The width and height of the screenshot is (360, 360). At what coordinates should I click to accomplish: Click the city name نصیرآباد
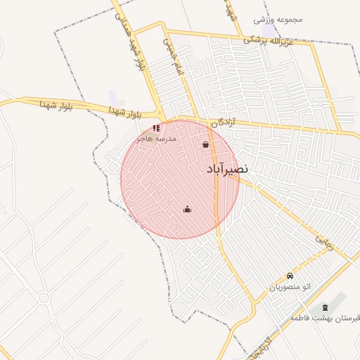229,170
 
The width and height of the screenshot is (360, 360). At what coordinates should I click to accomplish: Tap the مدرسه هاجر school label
158,139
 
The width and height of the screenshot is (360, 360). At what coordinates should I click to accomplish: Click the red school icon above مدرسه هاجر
156,128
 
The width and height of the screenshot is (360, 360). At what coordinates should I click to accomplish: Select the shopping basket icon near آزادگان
205,145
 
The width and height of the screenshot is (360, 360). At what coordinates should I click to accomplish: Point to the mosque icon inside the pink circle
187,209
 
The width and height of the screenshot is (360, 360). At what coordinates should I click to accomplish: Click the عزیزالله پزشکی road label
276,41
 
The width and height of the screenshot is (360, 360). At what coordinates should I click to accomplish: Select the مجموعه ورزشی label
281,19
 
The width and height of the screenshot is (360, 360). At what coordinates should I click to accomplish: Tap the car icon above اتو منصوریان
290,276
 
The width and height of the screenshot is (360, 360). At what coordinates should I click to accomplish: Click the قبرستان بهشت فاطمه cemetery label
324,319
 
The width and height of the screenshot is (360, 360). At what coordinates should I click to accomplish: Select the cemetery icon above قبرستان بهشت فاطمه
324,308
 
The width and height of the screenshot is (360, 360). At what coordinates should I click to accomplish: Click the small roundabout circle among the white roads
44,297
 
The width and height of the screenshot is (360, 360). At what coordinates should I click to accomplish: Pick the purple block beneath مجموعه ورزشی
269,32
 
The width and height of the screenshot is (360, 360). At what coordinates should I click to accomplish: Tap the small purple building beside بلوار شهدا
113,96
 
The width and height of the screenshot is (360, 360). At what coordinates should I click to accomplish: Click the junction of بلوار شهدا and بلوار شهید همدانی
162,117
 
